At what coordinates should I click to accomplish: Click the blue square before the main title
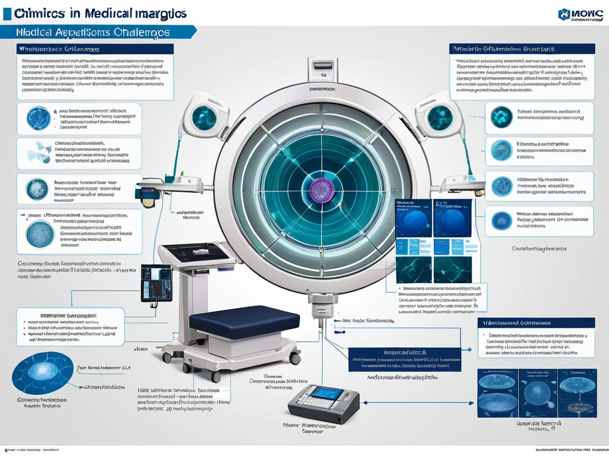7,14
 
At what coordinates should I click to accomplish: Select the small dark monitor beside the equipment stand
156,282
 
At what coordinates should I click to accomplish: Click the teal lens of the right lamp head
441,116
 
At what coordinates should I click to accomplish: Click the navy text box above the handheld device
404,359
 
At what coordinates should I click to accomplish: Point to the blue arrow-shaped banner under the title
98,33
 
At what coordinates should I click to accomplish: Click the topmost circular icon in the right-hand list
501,118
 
